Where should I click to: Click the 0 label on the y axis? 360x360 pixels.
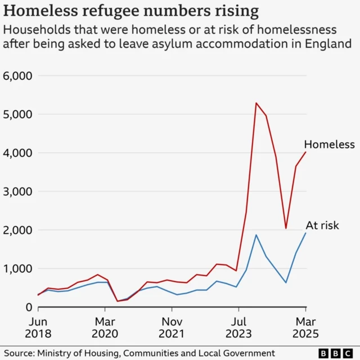pyautogui.click(x=29, y=307)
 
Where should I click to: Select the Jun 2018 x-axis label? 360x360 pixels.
pyautogui.click(x=38, y=327)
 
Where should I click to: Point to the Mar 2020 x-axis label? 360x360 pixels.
pyautogui.click(x=105, y=327)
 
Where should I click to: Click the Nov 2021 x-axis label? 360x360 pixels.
pyautogui.click(x=172, y=327)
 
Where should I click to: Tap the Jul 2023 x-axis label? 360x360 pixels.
pyautogui.click(x=238, y=327)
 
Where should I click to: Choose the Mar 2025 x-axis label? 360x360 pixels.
pyautogui.click(x=305, y=327)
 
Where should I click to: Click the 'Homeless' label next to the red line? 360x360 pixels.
pyautogui.click(x=329, y=145)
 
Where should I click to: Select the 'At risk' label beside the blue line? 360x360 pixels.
pyautogui.click(x=322, y=226)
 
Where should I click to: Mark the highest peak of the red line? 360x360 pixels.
pyautogui.click(x=256, y=103)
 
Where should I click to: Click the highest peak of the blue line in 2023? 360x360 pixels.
pyautogui.click(x=256, y=235)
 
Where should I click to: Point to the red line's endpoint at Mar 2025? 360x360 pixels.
pyautogui.click(x=305, y=152)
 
